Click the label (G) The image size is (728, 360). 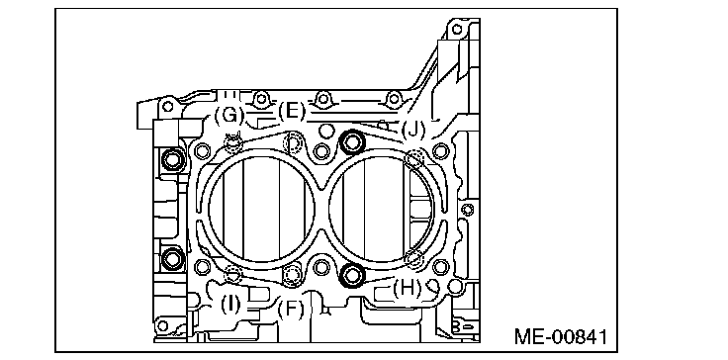pos(228,115)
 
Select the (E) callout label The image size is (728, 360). pos(292,112)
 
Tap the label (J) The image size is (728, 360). pos(412,130)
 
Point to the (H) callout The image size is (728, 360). pos(407,289)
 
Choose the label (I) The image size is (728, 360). pos(230,305)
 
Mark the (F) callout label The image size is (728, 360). pos(290,309)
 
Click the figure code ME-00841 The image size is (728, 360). pos(561,337)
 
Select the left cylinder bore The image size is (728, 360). pos(210,209)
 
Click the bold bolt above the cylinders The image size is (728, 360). pos(351,141)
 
